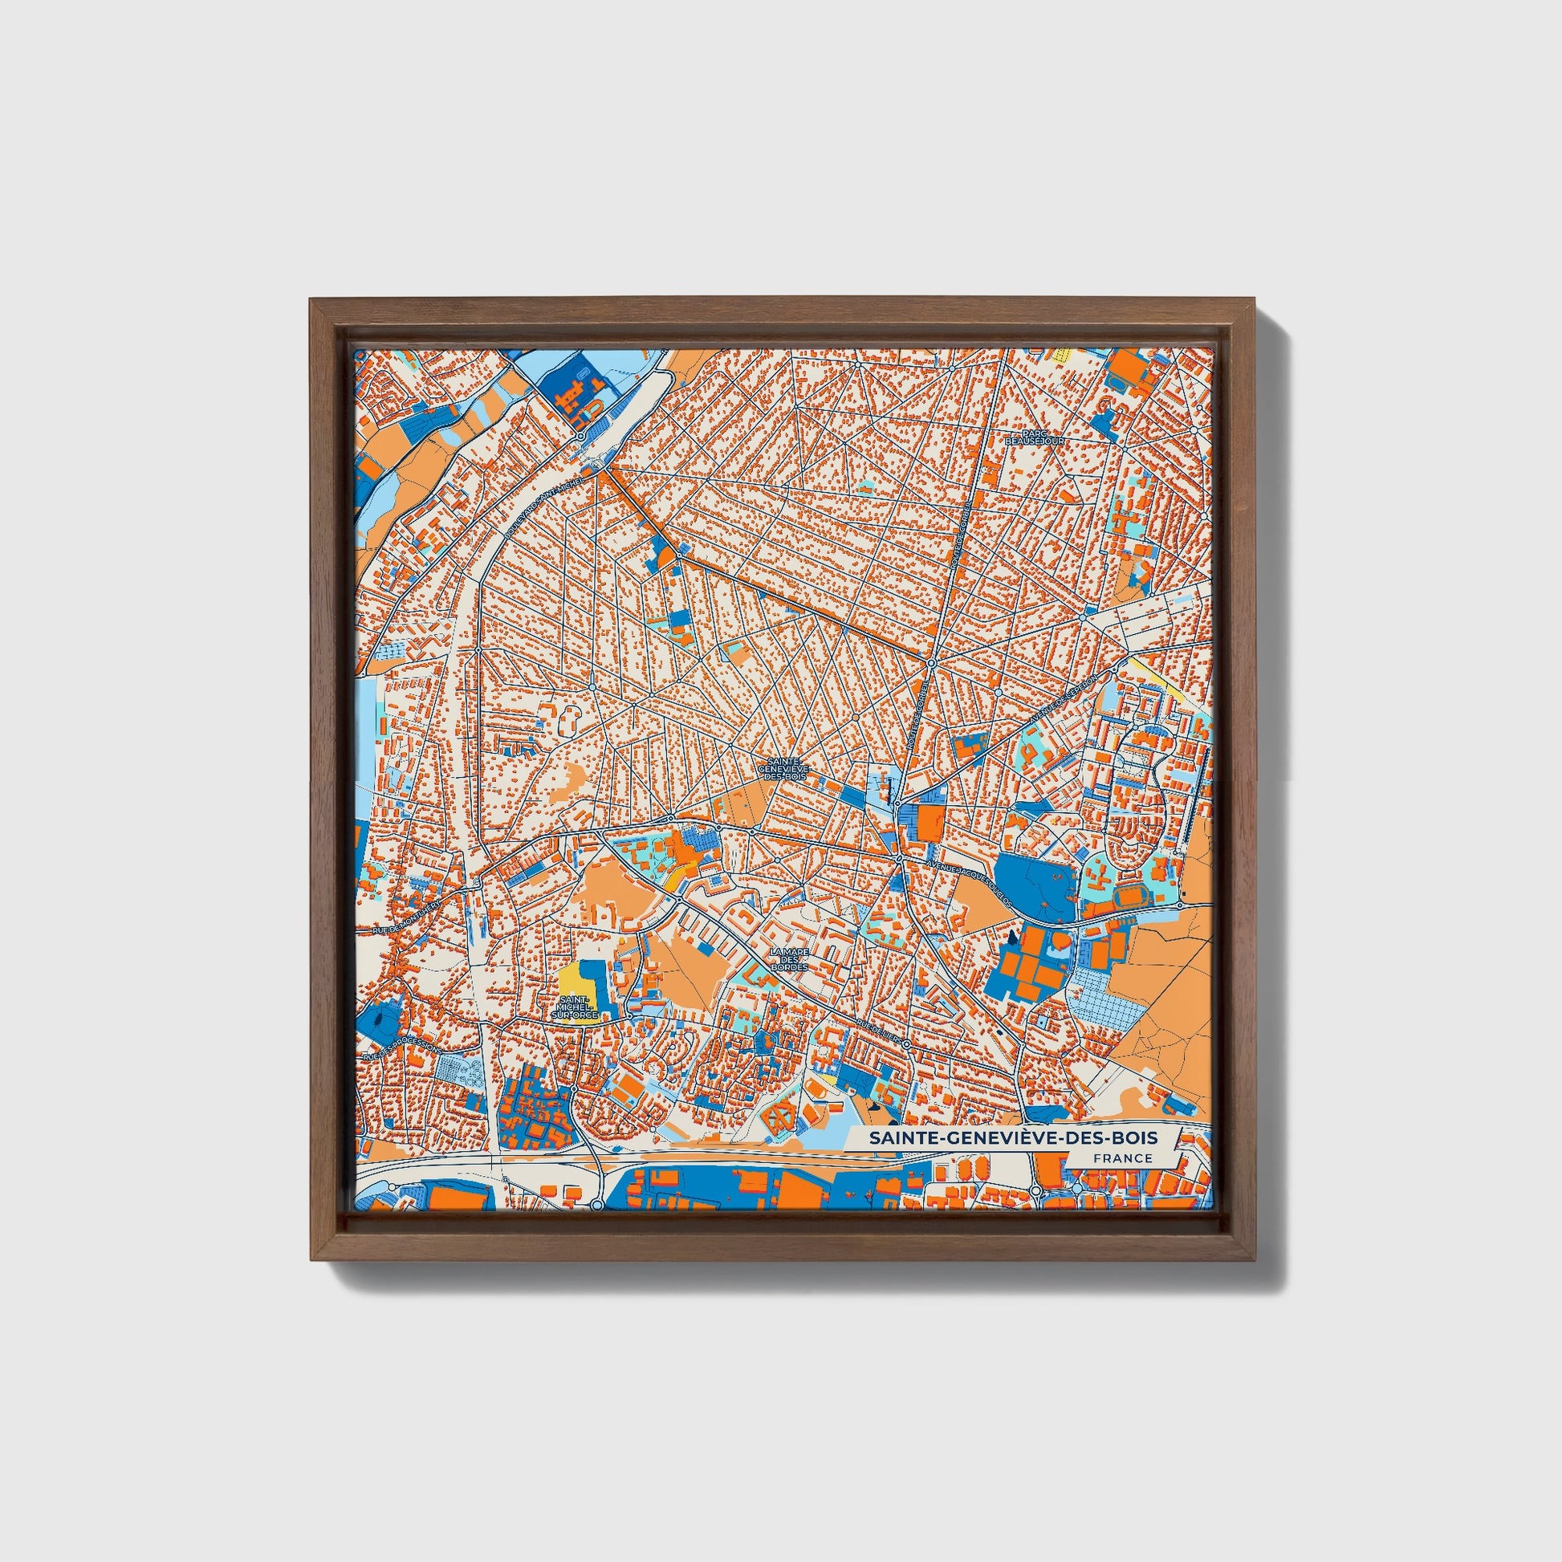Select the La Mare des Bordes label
point(789,959)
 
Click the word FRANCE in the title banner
point(1122,1157)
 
